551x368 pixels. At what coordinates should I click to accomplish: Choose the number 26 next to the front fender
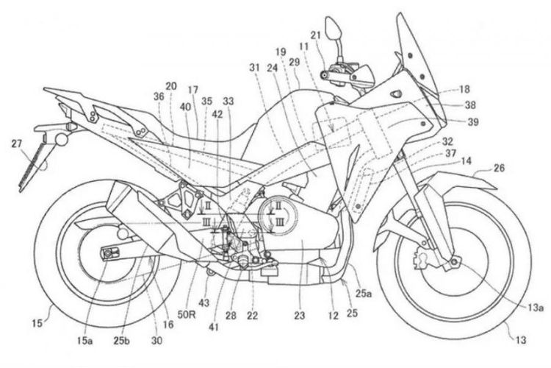(499, 169)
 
